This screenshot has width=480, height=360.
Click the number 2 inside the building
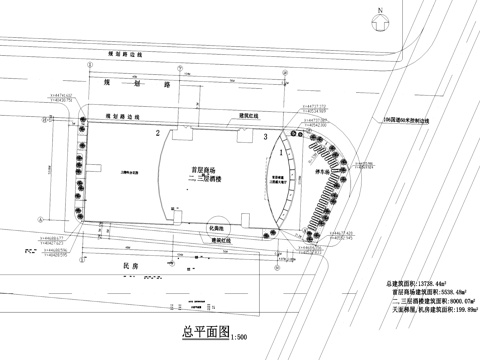click(157, 133)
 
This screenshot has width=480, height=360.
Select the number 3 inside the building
click(265, 137)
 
